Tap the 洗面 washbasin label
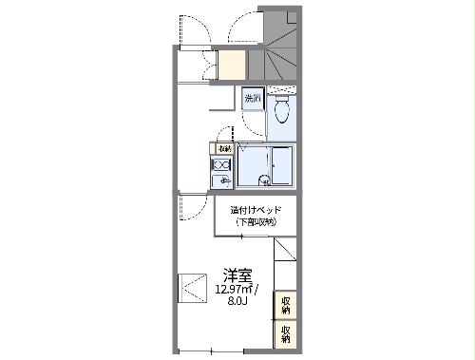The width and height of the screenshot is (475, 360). click(252, 99)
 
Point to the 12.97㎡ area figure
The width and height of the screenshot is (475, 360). click(233, 289)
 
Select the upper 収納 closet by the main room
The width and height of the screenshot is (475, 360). click(285, 306)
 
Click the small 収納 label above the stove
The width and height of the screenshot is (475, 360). click(223, 148)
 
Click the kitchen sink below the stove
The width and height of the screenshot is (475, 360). click(223, 180)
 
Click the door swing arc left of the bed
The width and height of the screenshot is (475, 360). click(194, 206)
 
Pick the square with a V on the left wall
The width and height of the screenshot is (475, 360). click(193, 287)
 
